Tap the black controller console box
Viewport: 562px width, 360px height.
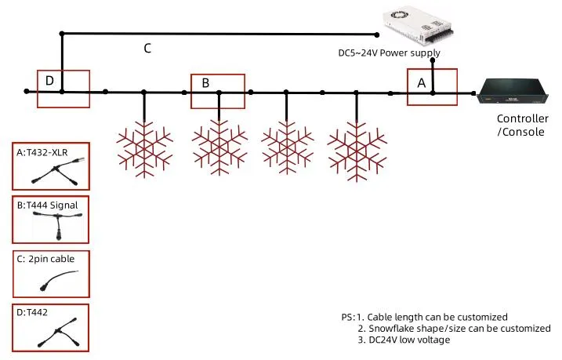[513, 93]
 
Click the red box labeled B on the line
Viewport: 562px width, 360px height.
[218, 90]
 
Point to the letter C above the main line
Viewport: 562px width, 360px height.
[147, 48]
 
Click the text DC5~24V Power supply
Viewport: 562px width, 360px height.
[388, 53]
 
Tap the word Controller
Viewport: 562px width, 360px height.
[521, 119]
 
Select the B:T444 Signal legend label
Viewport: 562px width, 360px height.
[52, 205]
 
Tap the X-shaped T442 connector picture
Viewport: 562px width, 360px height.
[52, 333]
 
